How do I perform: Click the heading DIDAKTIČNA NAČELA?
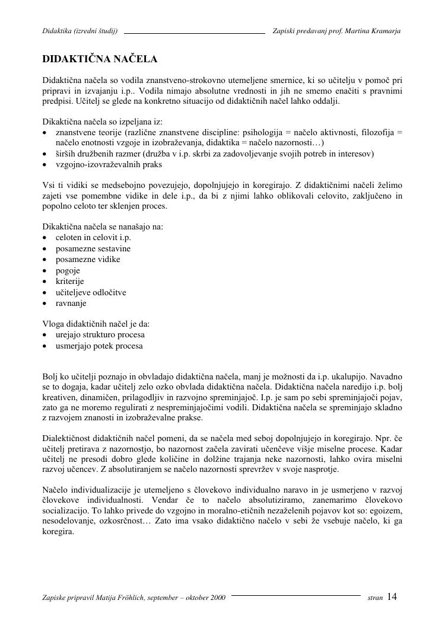click(100, 59)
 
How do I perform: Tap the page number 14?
click(392, 597)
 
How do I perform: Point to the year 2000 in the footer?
click(218, 598)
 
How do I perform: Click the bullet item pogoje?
click(68, 270)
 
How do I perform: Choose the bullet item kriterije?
click(70, 281)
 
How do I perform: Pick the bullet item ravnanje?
click(71, 303)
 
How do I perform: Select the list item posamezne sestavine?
click(93, 248)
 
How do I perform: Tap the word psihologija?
click(258, 132)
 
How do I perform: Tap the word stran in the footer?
click(375, 598)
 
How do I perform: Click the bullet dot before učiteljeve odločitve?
click(45, 292)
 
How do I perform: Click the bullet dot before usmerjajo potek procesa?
click(45, 346)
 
